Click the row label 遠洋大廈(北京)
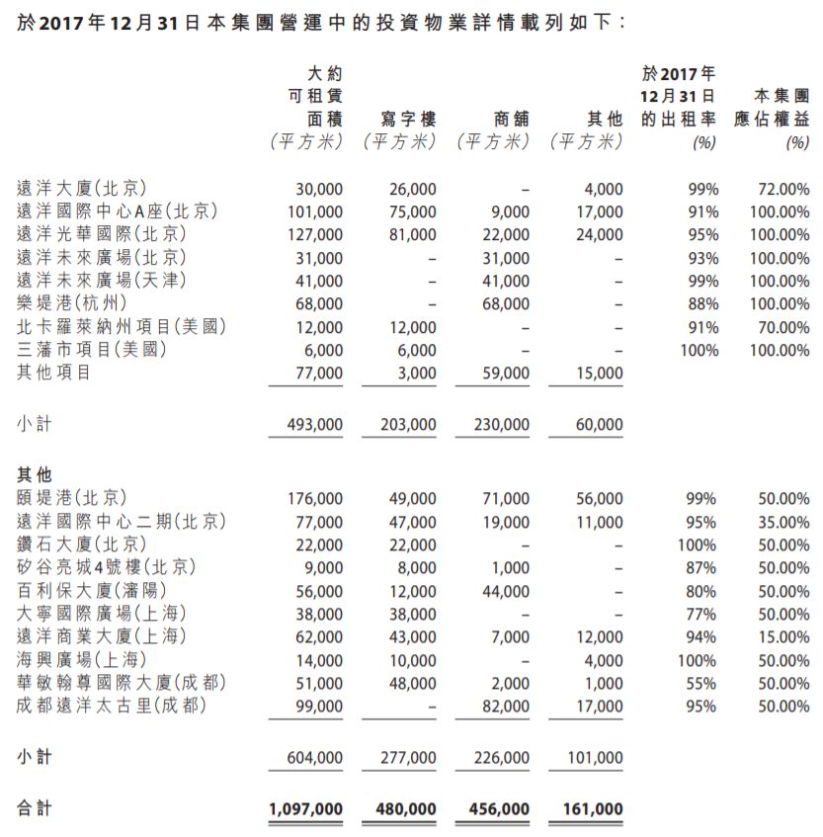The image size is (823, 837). (82, 189)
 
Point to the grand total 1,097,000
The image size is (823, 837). (305, 809)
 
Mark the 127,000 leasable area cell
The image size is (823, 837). (313, 235)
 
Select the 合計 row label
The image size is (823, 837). (34, 808)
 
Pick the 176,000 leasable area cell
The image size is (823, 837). (313, 499)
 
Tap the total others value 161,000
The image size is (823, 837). (595, 809)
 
